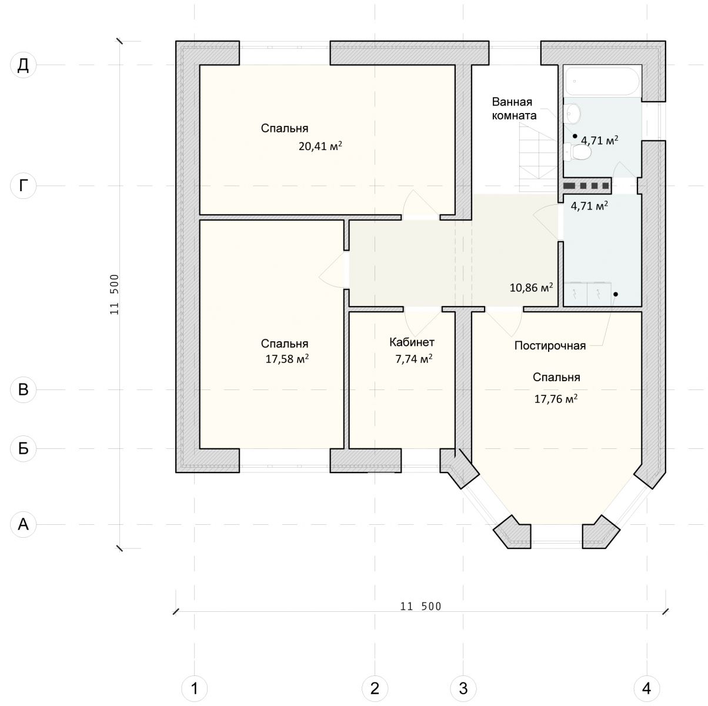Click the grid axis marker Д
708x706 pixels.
point(23,65)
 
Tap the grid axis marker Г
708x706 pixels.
point(23,186)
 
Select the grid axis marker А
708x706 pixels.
point(23,524)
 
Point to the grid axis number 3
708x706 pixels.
point(463,688)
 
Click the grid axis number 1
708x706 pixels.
point(195,688)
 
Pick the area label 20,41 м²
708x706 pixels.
point(320,146)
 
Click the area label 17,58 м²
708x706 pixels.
point(287,358)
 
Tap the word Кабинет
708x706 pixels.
point(412,342)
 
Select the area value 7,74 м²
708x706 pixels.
point(414,358)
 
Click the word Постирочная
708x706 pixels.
point(550,346)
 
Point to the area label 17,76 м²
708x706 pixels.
point(556,399)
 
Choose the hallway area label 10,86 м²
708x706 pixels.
point(531,287)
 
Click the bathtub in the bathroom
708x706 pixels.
point(603,81)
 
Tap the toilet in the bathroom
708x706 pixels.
point(577,152)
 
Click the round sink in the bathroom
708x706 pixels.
point(572,113)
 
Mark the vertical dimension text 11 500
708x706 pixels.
point(115,295)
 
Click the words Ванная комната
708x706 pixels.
point(513,108)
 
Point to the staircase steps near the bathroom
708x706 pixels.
point(538,152)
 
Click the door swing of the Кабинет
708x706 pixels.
point(423,322)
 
